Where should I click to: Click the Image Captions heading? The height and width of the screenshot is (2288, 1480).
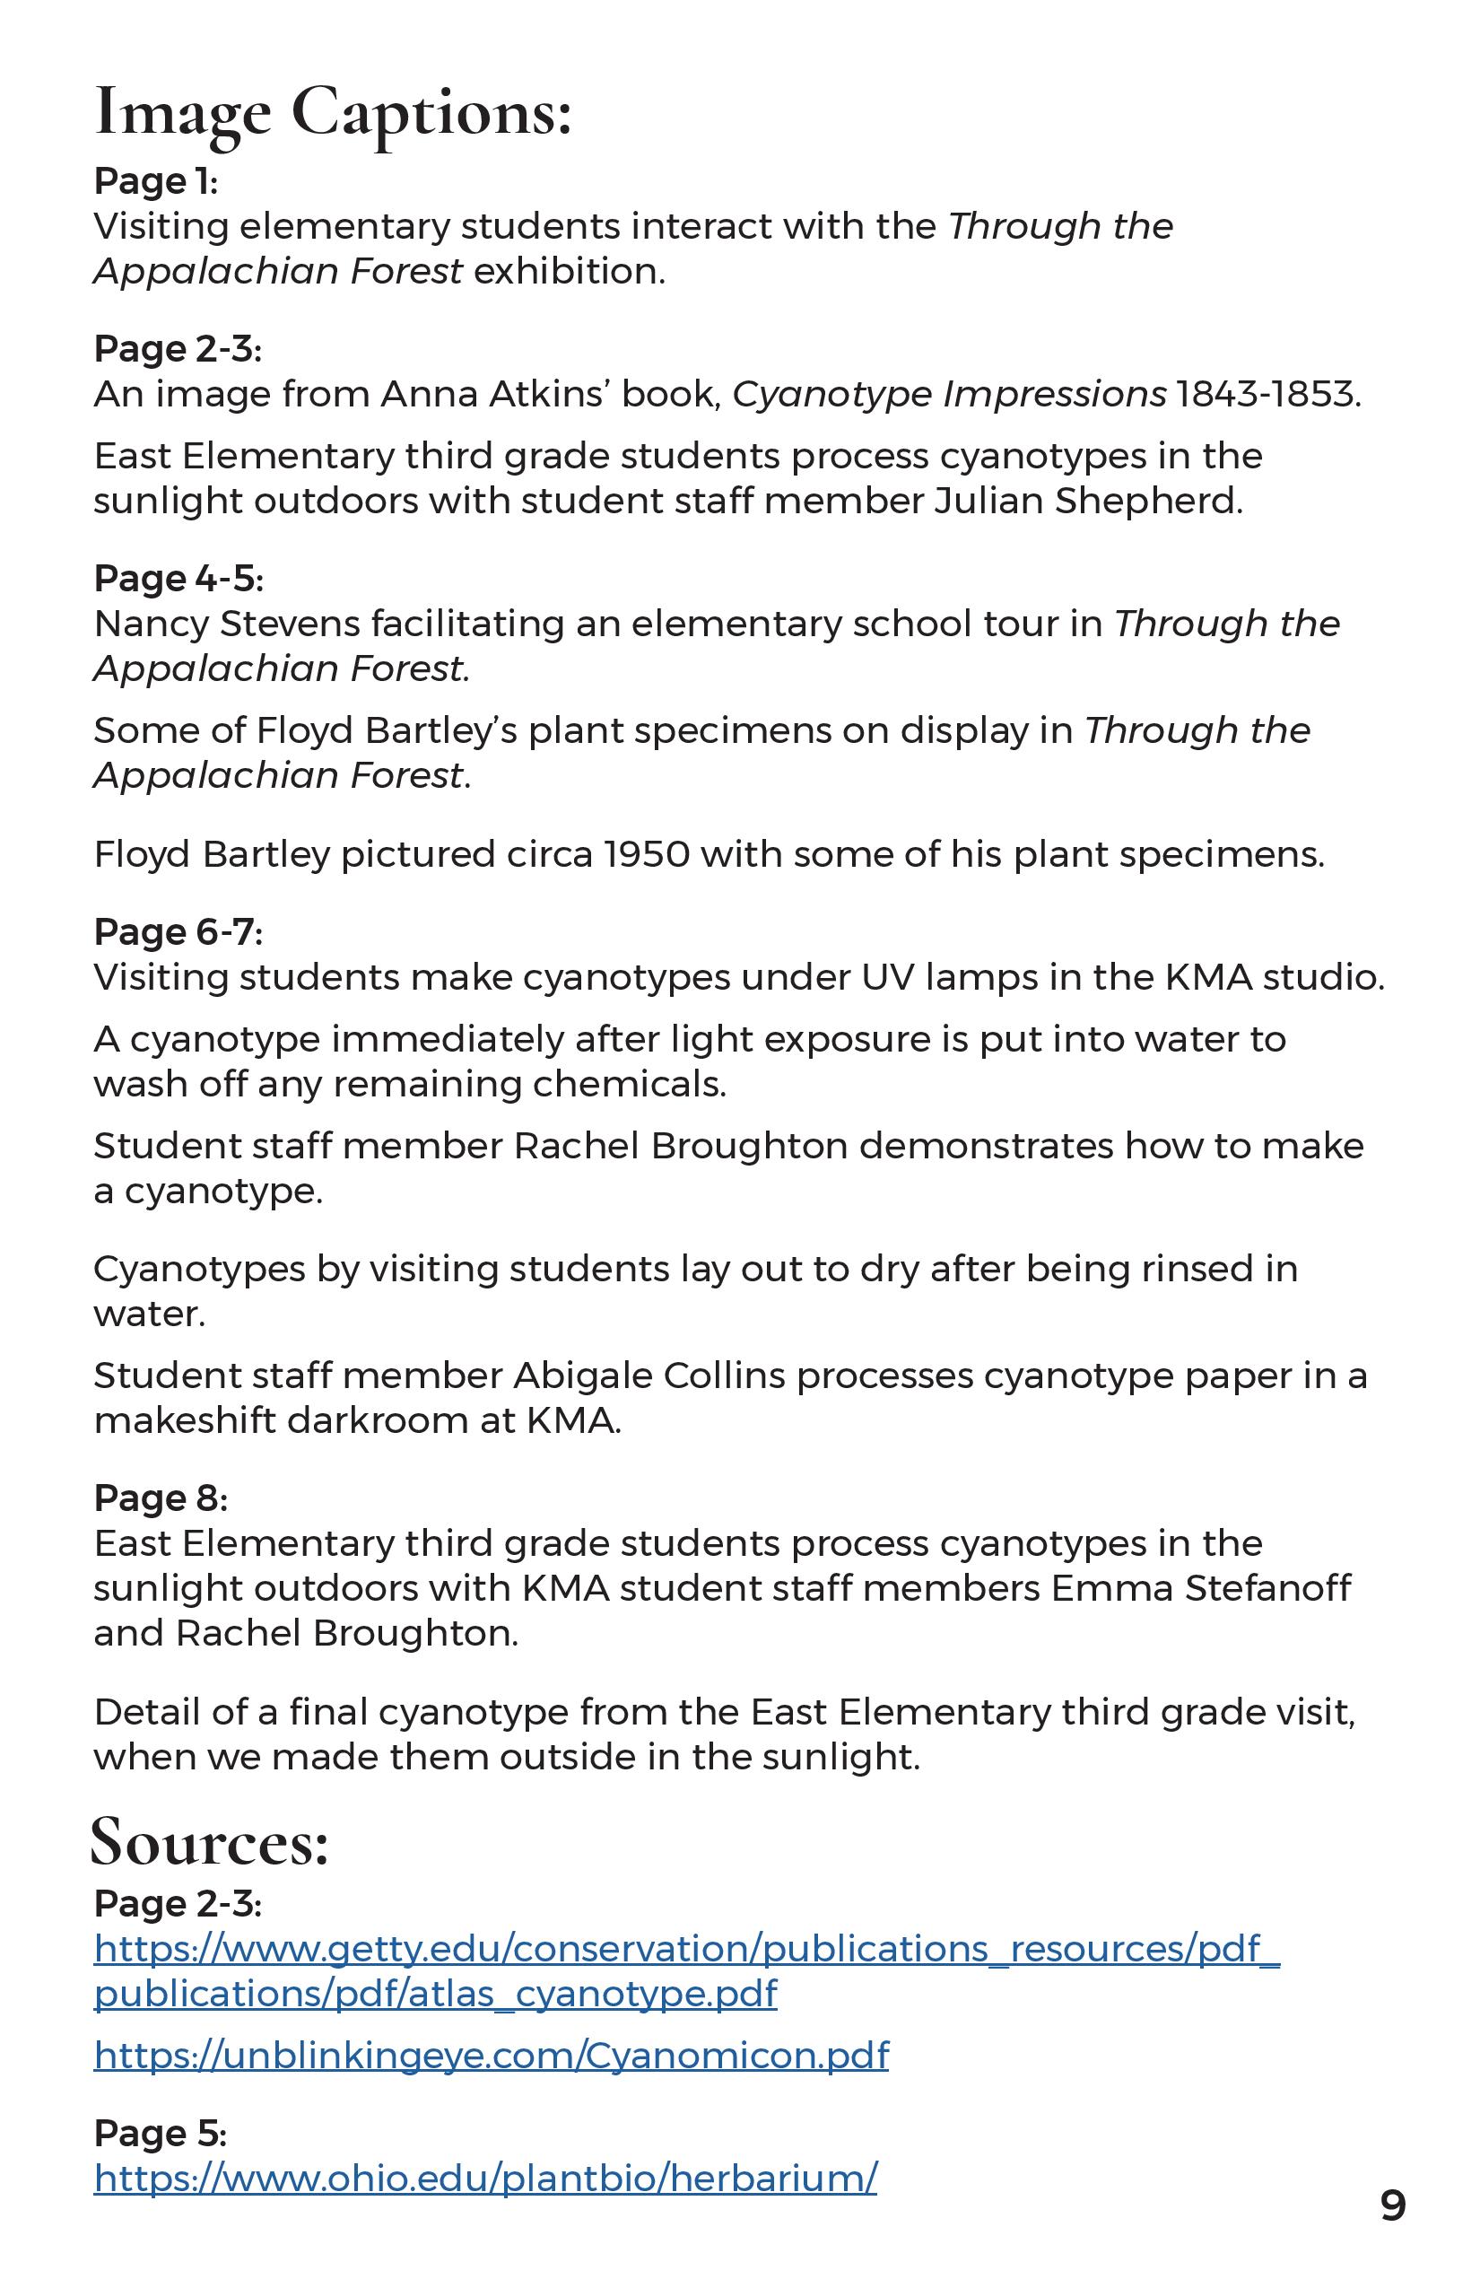tap(333, 113)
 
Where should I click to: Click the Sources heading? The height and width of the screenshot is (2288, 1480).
tap(210, 1843)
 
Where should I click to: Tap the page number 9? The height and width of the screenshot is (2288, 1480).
tap(1392, 2206)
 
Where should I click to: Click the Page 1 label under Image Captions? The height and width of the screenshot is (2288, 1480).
tap(156, 180)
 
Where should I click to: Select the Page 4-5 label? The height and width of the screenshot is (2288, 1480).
tap(178, 578)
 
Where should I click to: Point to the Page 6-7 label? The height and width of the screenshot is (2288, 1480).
tap(178, 931)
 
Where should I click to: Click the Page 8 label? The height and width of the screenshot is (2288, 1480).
tap(161, 1498)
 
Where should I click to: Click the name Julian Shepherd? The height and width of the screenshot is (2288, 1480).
tap(1088, 501)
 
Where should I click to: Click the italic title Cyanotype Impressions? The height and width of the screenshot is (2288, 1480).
tap(950, 394)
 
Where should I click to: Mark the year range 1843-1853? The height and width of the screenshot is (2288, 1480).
tap(1267, 394)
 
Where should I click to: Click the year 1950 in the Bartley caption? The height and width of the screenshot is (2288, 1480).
tap(647, 854)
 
